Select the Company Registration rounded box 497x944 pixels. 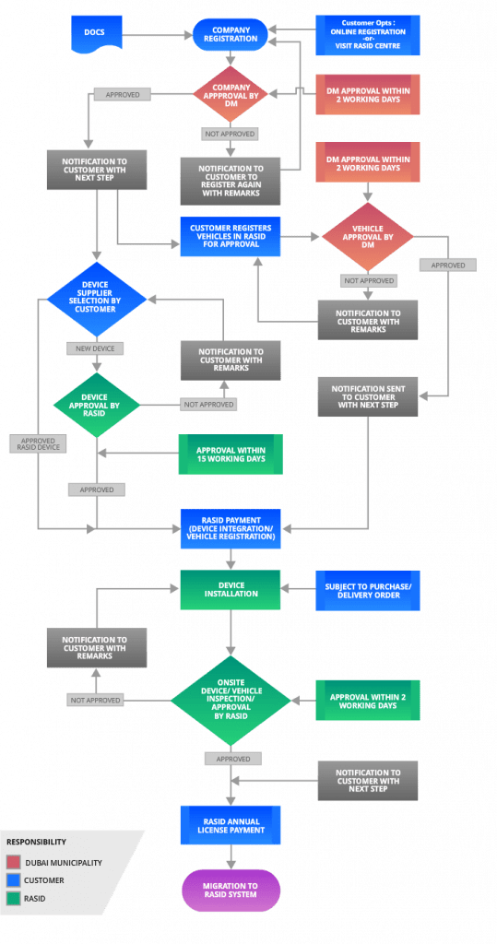tap(230, 35)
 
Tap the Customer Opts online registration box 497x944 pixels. tap(367, 34)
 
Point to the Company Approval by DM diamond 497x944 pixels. tap(230, 93)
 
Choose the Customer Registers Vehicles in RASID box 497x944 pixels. tap(230, 237)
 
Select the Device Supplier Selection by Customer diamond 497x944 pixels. tap(97, 298)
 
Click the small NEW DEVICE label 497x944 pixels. tap(96, 348)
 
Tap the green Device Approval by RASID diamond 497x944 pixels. tap(96, 403)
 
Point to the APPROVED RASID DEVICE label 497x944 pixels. tap(38, 443)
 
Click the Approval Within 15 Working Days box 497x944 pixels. tap(230, 454)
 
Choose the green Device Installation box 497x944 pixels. tap(230, 589)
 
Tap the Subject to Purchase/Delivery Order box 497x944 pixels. tap(367, 589)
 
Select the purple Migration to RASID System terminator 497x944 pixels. tap(230, 891)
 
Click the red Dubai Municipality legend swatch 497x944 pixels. tap(13, 863)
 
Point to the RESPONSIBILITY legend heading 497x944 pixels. tap(36, 842)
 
